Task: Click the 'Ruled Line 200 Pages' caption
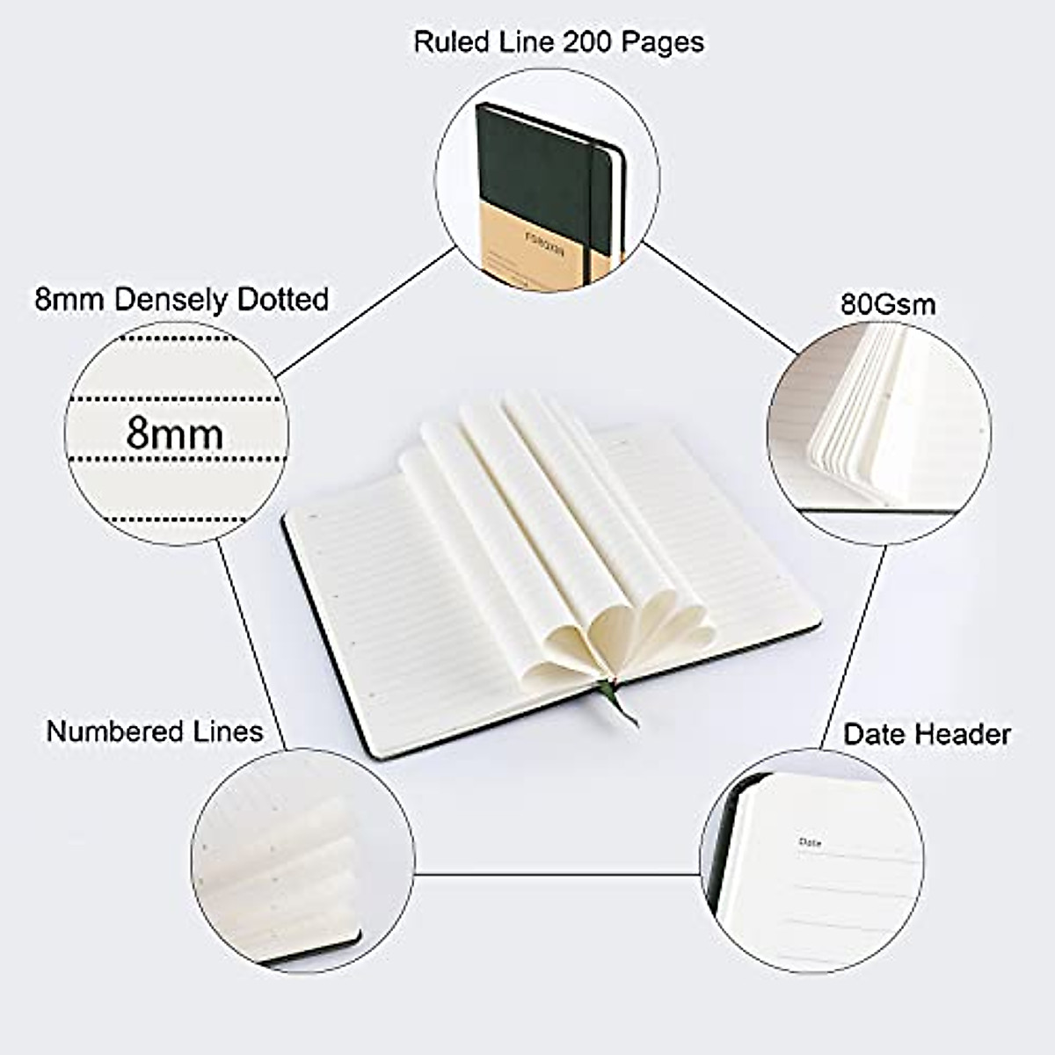[x=558, y=41]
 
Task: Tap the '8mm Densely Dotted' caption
[x=181, y=299]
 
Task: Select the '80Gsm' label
[x=888, y=304]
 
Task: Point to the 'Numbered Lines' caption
[x=155, y=731]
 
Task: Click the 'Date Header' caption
[x=927, y=734]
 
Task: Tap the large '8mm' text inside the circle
[x=174, y=433]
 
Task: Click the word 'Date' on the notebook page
[x=811, y=842]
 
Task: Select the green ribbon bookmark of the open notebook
[x=621, y=704]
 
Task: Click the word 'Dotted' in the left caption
[x=284, y=299]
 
